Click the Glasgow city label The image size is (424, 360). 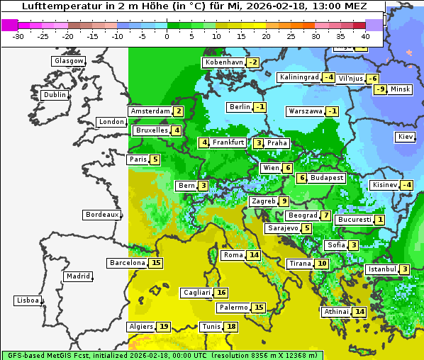point(68,61)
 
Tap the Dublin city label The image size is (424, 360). point(55,95)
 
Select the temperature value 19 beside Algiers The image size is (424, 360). point(164,327)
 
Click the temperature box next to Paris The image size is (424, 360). point(155,159)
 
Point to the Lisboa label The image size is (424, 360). point(28,300)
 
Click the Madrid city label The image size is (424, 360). point(78,276)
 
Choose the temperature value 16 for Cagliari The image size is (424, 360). point(221,293)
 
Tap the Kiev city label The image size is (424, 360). point(406,137)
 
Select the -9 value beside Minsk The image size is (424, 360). point(381,89)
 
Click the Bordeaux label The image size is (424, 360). point(102,215)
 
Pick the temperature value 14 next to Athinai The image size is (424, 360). point(359,312)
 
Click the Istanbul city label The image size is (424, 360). point(382,269)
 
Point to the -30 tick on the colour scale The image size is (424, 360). point(18,36)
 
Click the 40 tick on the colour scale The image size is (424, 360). point(365,36)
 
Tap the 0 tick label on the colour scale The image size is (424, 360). point(167,36)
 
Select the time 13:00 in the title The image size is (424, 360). point(316,6)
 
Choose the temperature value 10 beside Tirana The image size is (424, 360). point(322,264)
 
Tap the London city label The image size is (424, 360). point(111,122)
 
